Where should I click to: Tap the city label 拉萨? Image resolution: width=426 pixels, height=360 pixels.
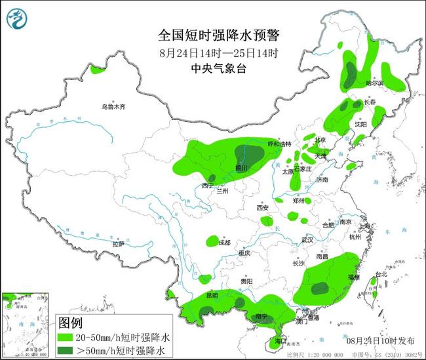(118, 244)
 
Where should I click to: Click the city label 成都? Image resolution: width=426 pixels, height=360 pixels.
(225, 243)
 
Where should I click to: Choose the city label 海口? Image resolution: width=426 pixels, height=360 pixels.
(282, 342)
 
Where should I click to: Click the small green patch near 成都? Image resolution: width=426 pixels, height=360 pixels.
(212, 241)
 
